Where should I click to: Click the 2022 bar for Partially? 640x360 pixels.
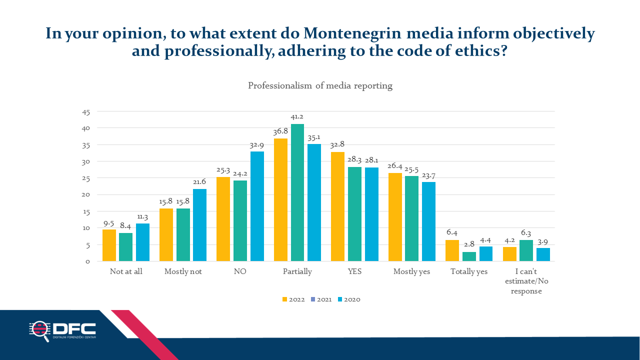point(280,199)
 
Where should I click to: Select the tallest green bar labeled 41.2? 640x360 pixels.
point(297,192)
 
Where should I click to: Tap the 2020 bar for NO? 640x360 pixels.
point(257,206)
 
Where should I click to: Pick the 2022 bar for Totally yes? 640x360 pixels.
point(452,250)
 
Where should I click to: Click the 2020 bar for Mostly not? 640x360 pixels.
point(199,225)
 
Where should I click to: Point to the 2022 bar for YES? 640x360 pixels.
point(337,206)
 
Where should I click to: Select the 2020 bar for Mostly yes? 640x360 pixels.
point(428,221)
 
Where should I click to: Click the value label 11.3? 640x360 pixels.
point(142,217)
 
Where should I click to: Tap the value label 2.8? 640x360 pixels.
point(469,244)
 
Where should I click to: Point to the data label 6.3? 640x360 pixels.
point(526,233)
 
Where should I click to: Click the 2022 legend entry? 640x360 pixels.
point(293,299)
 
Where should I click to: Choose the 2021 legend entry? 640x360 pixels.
point(321,299)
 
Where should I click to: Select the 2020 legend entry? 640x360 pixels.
point(349,299)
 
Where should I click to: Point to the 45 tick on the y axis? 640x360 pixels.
point(86,112)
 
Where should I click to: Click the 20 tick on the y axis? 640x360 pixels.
point(85,194)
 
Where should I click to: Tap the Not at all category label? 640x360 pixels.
point(126,271)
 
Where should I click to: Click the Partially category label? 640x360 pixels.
point(297,271)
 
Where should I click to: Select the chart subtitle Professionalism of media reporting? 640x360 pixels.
point(320,85)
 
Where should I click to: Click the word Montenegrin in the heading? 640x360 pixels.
point(352,33)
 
